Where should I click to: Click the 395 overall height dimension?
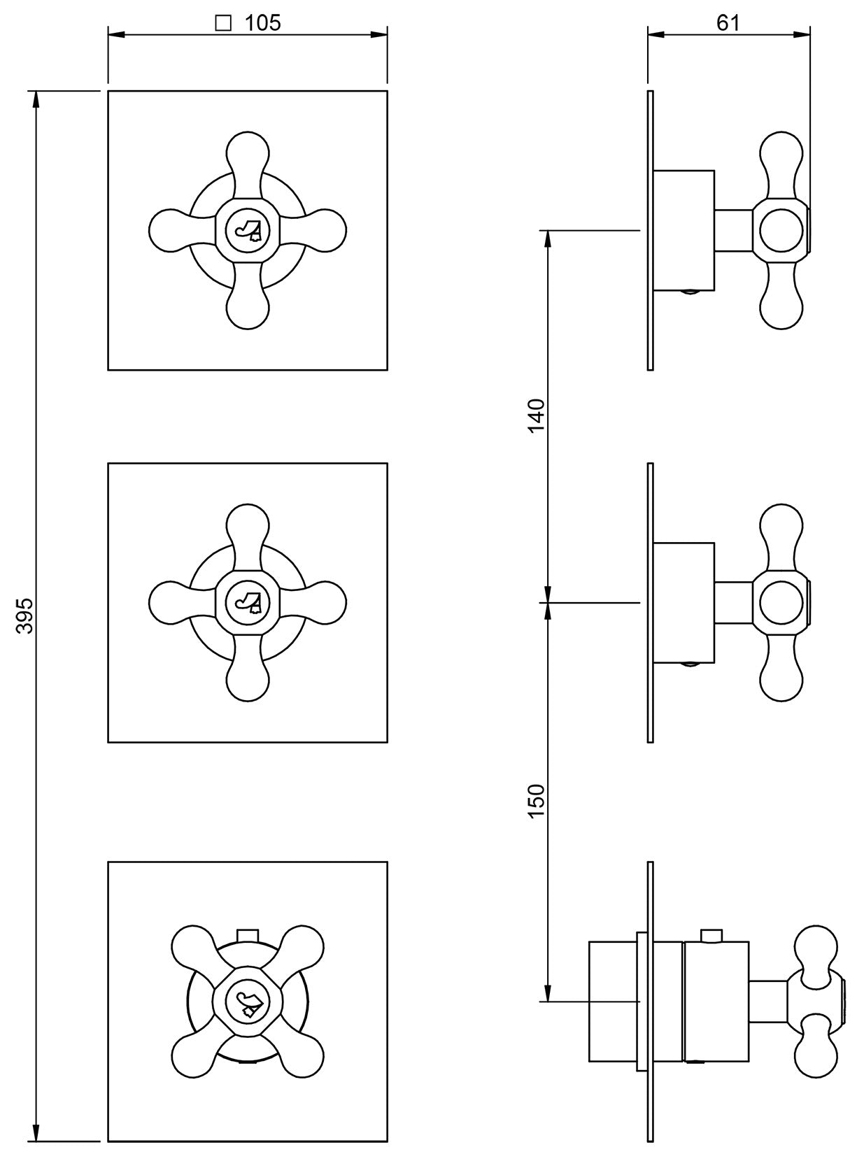point(26,615)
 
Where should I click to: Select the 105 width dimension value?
point(263,23)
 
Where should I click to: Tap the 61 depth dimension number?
point(728,23)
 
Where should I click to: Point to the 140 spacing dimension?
point(536,415)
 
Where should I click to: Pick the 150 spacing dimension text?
point(536,801)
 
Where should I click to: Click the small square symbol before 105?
point(224,24)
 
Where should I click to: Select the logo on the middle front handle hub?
point(248,602)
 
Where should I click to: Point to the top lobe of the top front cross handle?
point(248,150)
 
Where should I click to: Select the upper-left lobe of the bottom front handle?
point(191,947)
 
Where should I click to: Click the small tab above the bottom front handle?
point(248,936)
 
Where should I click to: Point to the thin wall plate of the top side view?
point(651,230)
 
